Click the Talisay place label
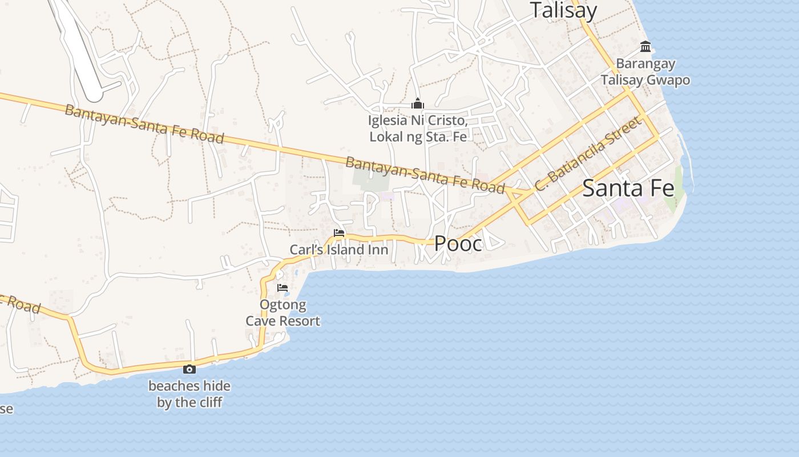tap(563, 10)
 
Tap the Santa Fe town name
tap(628, 188)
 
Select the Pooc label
tap(458, 243)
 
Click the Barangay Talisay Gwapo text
tap(645, 72)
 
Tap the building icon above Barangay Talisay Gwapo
tap(645, 46)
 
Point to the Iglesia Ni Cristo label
tap(418, 129)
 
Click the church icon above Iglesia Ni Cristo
tap(418, 104)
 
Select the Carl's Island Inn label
tap(339, 250)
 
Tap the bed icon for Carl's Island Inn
tap(339, 233)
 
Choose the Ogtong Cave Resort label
tap(283, 313)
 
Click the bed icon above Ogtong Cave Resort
tap(282, 288)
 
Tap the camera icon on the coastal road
tap(189, 370)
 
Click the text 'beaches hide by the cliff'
tap(189, 394)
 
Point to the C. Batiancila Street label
tap(587, 154)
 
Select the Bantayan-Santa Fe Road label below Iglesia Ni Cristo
tap(425, 174)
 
